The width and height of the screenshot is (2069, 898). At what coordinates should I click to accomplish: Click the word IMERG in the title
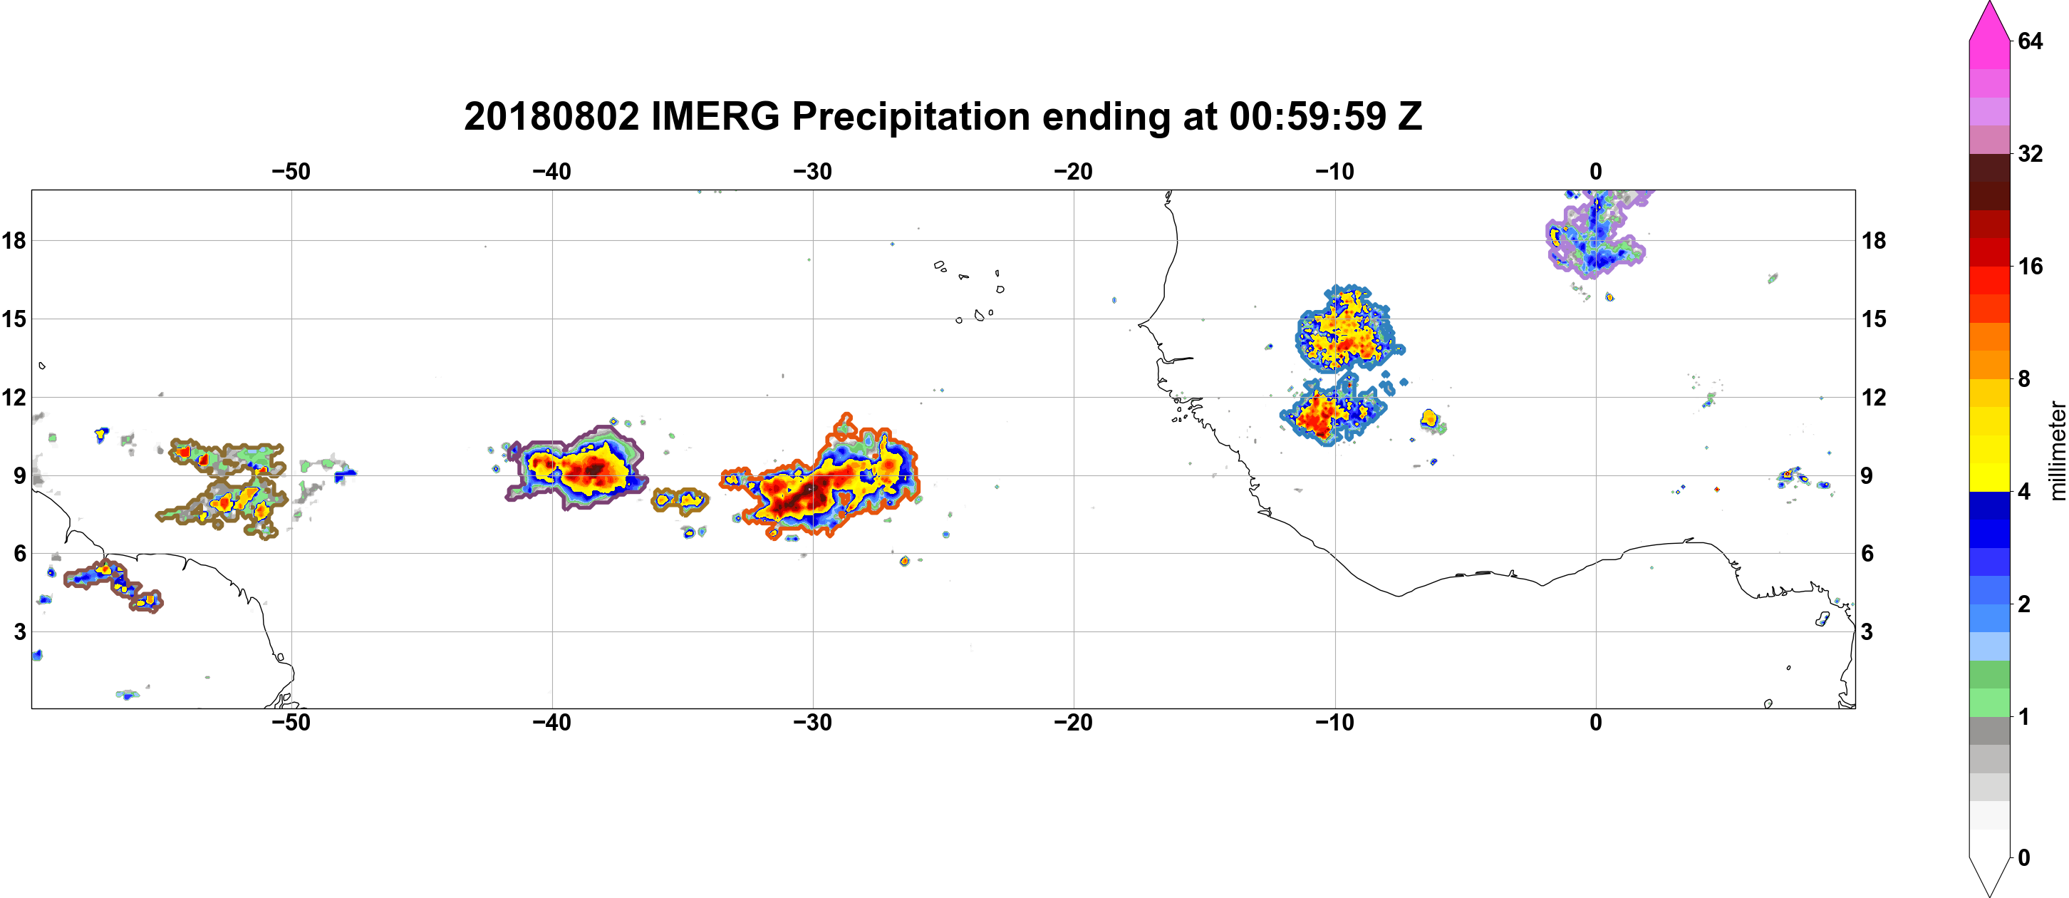[x=715, y=116]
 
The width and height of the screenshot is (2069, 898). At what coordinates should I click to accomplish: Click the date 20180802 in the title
[x=551, y=116]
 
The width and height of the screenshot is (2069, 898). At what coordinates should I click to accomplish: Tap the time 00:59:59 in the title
[x=1307, y=116]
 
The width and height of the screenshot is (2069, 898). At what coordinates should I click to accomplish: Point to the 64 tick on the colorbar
[x=2030, y=40]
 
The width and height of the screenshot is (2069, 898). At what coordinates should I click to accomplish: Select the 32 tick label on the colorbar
[x=2030, y=153]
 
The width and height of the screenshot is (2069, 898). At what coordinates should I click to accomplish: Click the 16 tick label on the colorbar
[x=2030, y=266]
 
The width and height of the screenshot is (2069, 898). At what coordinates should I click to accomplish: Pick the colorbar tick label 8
[x=2024, y=378]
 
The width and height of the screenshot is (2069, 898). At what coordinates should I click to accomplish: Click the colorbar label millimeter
[x=2057, y=450]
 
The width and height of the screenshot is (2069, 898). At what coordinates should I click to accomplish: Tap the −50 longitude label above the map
[x=291, y=171]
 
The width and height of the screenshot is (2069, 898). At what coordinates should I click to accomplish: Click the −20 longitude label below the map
[x=1073, y=722]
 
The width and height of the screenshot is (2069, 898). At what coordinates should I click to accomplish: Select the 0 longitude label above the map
[x=1595, y=171]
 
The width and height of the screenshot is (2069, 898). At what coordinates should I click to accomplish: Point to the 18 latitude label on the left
[x=14, y=240]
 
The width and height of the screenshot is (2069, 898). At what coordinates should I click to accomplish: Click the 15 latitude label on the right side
[x=1874, y=319]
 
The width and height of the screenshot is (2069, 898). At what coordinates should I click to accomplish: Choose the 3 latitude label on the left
[x=19, y=631]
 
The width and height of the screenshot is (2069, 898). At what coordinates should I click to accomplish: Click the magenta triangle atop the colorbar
[x=1989, y=20]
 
